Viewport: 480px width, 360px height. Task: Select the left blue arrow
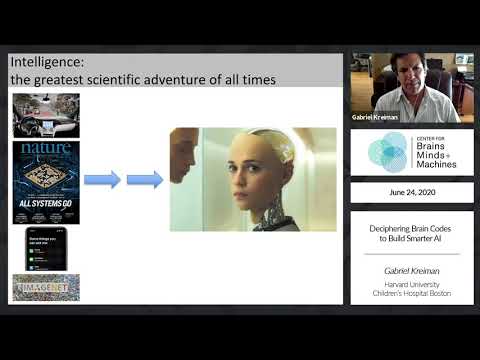[x=102, y=180]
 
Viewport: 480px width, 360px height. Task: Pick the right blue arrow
[x=145, y=180]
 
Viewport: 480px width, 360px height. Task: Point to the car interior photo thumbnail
[x=46, y=115]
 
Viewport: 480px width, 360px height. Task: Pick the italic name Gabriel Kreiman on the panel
[x=411, y=270]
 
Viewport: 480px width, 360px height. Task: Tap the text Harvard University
[x=411, y=284]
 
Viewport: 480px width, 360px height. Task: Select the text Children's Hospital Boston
[x=411, y=293]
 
